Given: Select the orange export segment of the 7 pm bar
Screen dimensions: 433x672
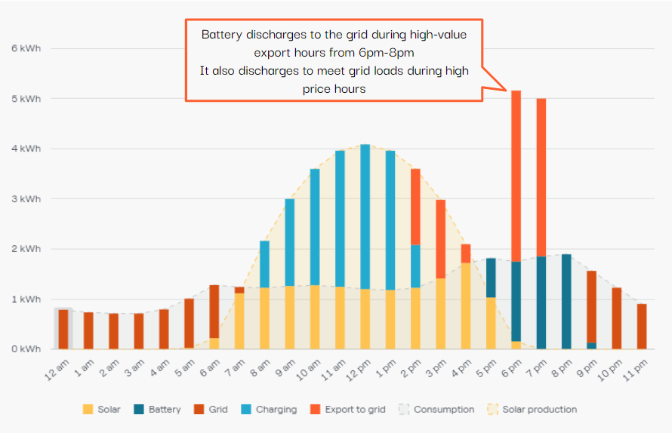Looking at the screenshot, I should (x=541, y=177).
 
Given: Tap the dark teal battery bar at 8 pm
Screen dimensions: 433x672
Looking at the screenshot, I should (x=566, y=302).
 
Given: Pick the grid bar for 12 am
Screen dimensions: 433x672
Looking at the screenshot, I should (x=63, y=329).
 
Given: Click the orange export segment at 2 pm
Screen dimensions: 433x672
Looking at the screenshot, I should (x=415, y=207).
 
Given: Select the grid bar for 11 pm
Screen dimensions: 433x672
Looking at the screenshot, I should (x=642, y=326).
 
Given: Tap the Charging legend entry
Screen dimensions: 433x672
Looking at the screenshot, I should (x=272, y=410).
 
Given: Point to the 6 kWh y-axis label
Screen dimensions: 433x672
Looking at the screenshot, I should (x=26, y=48).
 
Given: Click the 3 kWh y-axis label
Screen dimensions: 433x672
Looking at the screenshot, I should (x=26, y=198).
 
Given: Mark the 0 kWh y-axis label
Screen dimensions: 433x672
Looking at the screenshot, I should (x=26, y=349).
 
